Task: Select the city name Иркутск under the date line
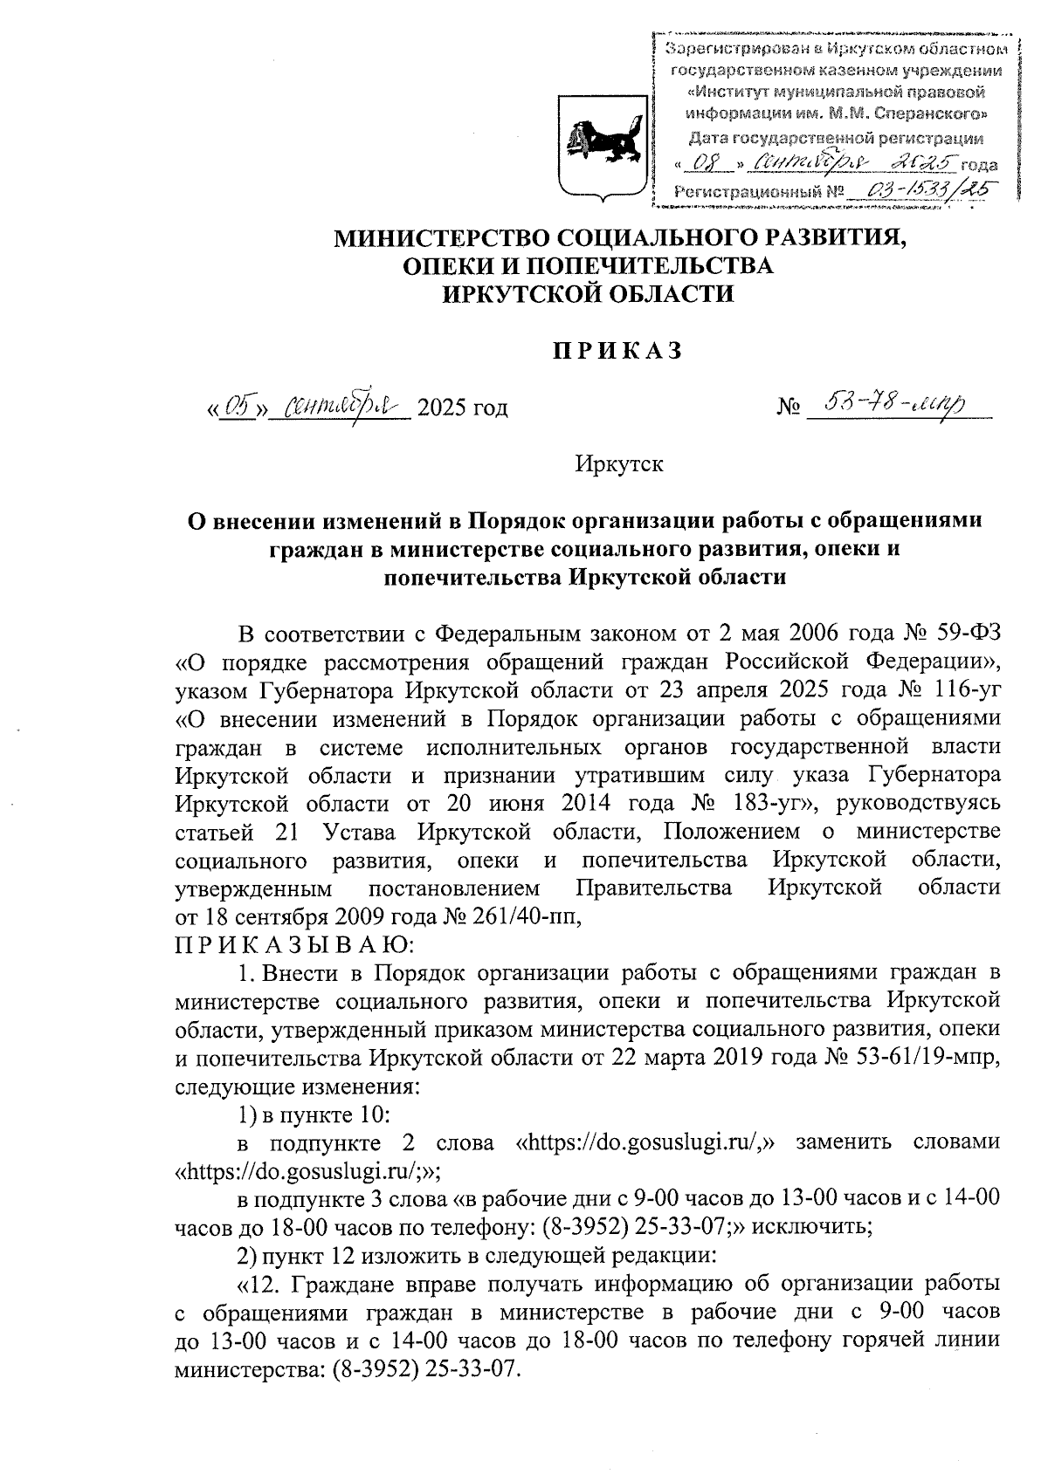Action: tap(619, 464)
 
